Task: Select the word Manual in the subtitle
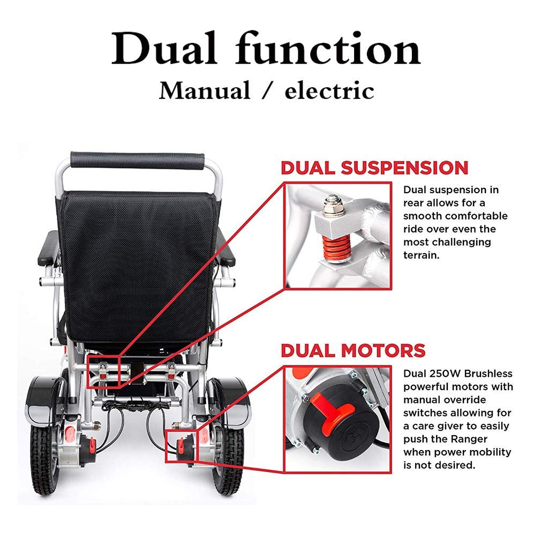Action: (204, 90)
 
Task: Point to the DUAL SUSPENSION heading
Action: (374, 168)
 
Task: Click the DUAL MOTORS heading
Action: (353, 351)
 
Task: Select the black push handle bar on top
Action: (137, 160)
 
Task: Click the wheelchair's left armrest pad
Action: (49, 248)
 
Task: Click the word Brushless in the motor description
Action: (484, 374)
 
